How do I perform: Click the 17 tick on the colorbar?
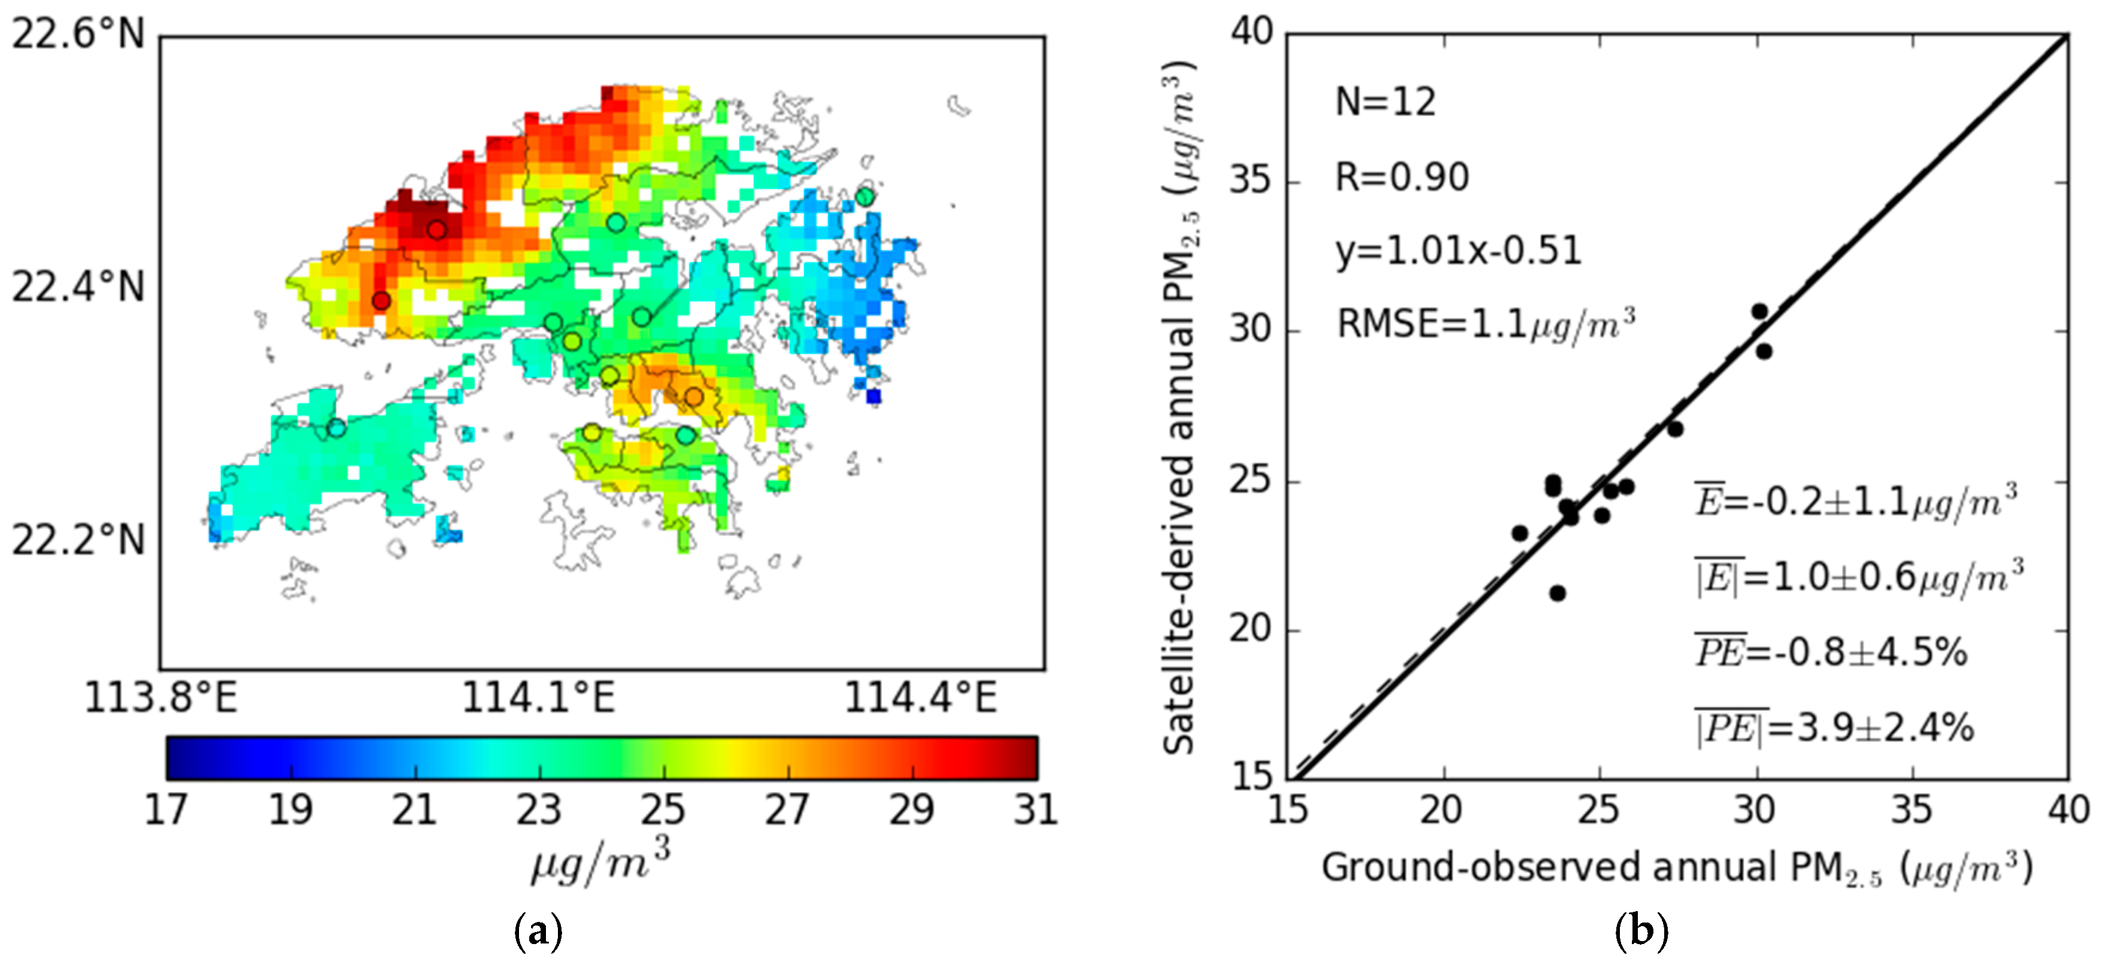(166, 809)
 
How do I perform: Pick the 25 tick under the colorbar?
(663, 809)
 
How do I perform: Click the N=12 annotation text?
(1385, 103)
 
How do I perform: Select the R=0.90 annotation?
(1402, 177)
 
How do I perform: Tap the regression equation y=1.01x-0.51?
(1459, 251)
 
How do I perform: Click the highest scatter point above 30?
(1759, 312)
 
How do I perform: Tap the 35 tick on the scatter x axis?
(1911, 809)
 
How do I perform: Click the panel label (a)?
(539, 930)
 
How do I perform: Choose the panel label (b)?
(1641, 930)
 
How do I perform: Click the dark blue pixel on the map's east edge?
(873, 397)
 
